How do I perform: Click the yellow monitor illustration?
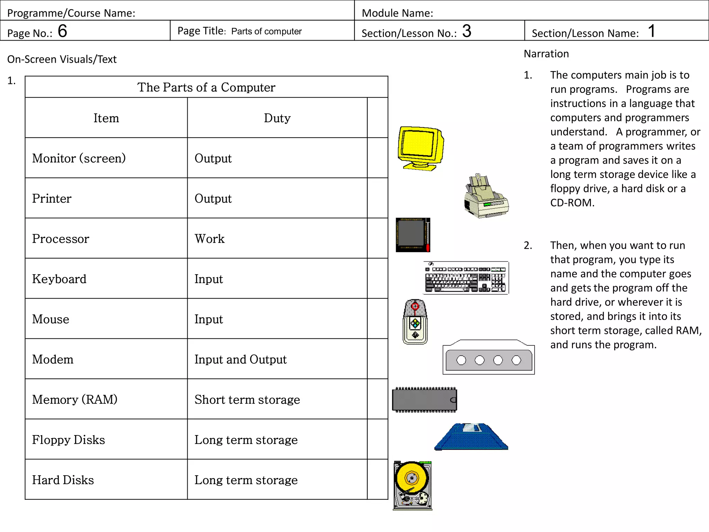(420, 148)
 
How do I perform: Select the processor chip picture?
(413, 235)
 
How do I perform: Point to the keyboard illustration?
(466, 278)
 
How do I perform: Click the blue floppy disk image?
(471, 437)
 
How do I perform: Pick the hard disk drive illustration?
(412, 485)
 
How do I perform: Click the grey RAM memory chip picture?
(424, 400)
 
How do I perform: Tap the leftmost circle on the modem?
(461, 360)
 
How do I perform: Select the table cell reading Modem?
(53, 359)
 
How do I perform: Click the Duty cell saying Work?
(209, 239)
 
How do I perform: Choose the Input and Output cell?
(240, 359)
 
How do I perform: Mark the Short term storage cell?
(247, 399)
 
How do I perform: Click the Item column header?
(106, 118)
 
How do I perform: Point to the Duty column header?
(277, 118)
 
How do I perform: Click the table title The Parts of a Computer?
(206, 87)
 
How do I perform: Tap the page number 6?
(62, 31)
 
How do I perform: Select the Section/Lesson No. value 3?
(466, 31)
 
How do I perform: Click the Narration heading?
(546, 54)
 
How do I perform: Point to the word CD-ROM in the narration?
(572, 203)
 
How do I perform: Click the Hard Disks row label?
(63, 480)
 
